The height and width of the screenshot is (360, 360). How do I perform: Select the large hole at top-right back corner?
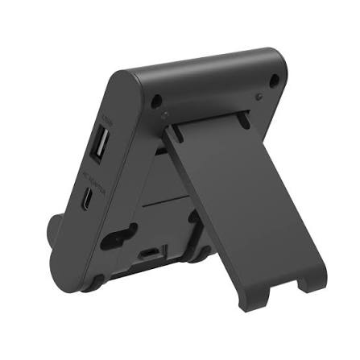click(274, 79)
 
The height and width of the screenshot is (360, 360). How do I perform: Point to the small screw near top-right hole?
click(259, 97)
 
